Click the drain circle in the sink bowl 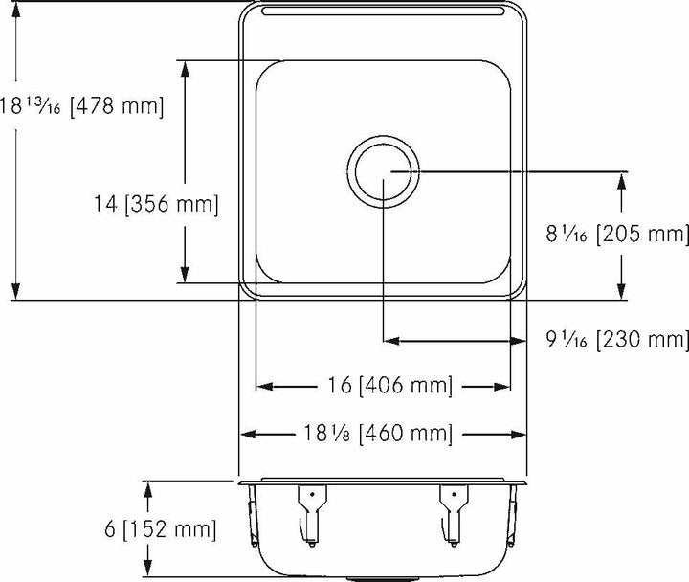(x=384, y=171)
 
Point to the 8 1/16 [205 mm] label (x=615, y=233)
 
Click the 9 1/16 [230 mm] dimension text (x=615, y=339)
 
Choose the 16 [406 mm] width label (x=384, y=387)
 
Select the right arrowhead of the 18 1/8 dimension (x=519, y=434)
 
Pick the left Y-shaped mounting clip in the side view (x=312, y=511)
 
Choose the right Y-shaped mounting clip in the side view (x=452, y=511)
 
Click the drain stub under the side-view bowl (x=383, y=578)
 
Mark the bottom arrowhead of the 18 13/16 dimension (x=14, y=292)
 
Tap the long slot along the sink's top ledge (x=383, y=13)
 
